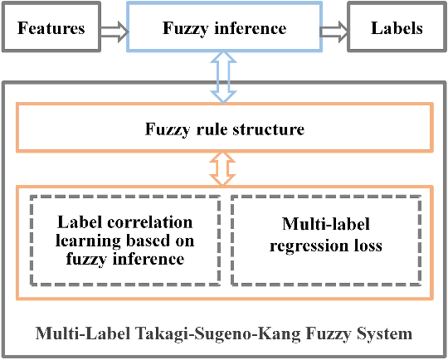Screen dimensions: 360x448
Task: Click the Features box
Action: [51, 29]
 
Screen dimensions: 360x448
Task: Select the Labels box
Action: [397, 29]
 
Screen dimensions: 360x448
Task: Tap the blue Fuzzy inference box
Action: [224, 29]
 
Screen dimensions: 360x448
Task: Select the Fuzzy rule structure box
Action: [224, 129]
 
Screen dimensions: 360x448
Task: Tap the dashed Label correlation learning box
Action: [125, 241]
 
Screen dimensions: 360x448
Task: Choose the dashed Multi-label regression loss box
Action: [324, 241]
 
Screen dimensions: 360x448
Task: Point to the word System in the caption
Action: [386, 334]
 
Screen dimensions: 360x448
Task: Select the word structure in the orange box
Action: [270, 129]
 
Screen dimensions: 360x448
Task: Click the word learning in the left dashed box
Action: [92, 241]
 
